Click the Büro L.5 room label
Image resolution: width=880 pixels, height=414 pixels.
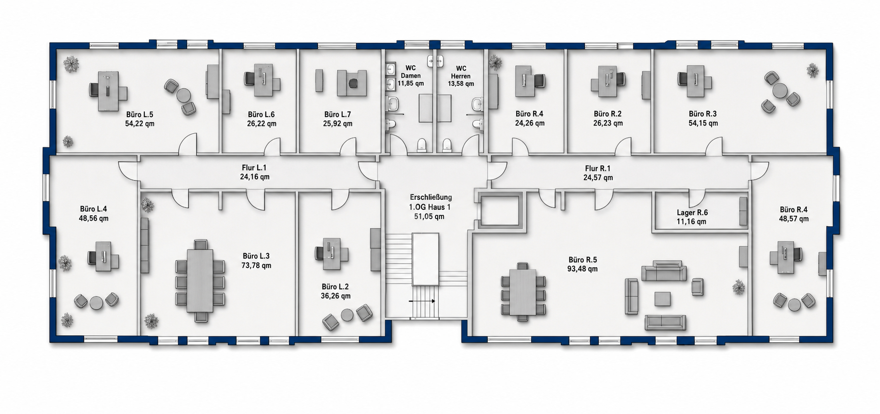(140, 115)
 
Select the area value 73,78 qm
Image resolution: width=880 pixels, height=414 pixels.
(256, 265)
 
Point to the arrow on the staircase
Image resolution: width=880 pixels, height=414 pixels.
(422, 301)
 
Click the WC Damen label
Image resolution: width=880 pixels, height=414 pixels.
(411, 72)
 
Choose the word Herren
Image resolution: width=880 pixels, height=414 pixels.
(461, 76)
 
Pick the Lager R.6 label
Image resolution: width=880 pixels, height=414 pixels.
(692, 212)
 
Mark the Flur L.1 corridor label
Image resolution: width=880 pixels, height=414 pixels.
(254, 168)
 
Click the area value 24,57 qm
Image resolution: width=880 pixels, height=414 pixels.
(598, 178)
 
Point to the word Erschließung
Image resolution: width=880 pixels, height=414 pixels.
(431, 197)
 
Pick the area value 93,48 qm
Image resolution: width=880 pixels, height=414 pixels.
(582, 269)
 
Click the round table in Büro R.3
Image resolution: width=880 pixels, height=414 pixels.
(780, 90)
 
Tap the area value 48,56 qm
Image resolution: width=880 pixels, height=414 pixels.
(93, 218)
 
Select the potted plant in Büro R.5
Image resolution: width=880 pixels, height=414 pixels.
(738, 288)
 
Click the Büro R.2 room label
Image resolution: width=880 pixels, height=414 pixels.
(608, 114)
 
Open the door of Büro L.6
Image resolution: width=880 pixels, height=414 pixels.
(272, 147)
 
